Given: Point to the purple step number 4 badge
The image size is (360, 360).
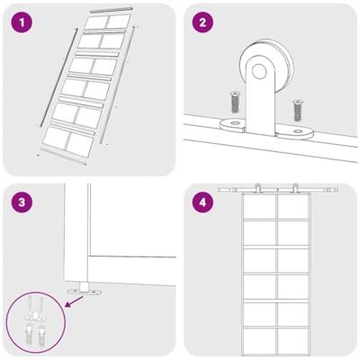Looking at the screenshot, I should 202,203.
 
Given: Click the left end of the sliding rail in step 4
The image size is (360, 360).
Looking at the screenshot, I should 219,192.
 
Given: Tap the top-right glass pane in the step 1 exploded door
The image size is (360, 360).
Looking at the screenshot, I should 117,21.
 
